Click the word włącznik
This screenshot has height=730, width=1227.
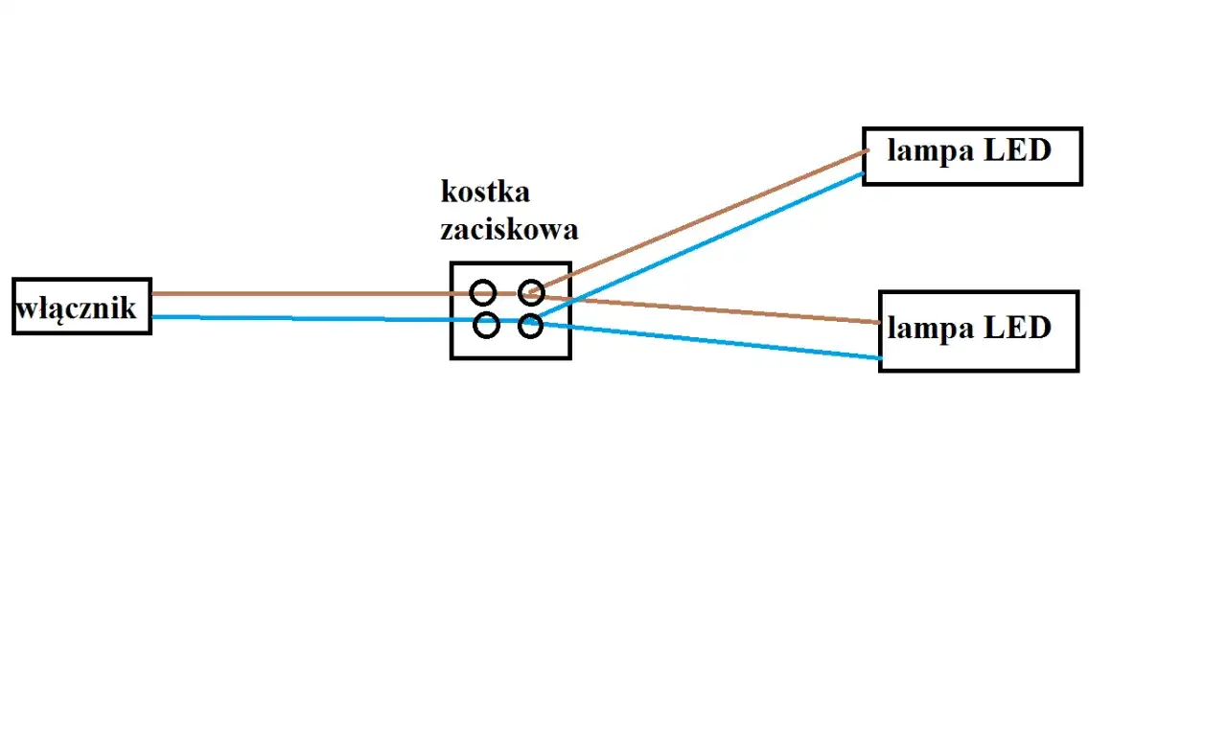pos(77,308)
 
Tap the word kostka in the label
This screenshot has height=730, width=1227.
pos(485,192)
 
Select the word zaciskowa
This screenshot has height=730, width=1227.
pos(509,230)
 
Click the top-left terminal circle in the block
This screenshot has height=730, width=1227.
pos(483,292)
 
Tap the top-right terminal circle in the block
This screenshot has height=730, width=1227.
pos(531,292)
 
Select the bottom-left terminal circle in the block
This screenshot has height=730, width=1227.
pos(487,326)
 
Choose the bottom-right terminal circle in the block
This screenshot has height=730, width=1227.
pos(530,327)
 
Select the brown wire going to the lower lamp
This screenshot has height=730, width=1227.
pos(719,310)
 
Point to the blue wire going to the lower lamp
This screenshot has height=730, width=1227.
pos(719,341)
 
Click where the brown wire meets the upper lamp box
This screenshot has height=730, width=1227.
pos(865,150)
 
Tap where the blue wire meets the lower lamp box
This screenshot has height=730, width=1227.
pos(879,358)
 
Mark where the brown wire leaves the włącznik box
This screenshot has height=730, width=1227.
pos(152,294)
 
